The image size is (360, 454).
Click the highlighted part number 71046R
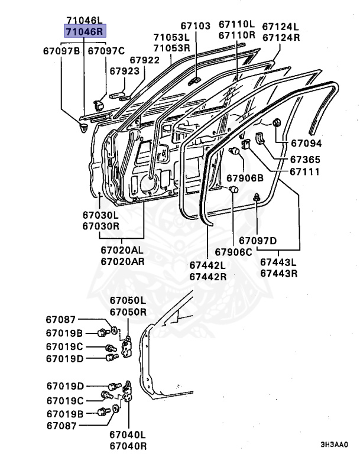pos(84,31)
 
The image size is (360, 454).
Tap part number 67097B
pos(62,51)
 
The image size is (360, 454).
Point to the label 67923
pos(124,70)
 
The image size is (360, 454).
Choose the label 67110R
pos(236,35)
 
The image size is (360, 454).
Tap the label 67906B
pos(245,178)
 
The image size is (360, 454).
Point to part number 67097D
pos(258,240)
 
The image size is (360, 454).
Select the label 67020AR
pos(122,261)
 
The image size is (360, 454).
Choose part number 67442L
pos(208,266)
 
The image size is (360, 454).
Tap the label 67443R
pos(279,274)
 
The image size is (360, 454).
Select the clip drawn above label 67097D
pos(258,197)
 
